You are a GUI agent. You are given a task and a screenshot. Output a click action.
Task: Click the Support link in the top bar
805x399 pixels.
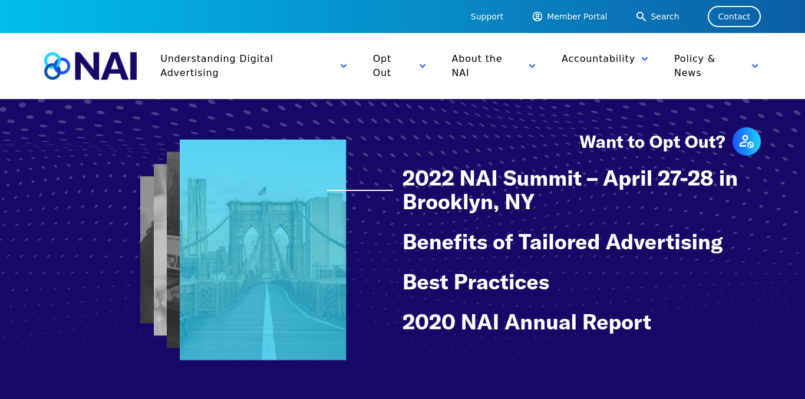coord(487,17)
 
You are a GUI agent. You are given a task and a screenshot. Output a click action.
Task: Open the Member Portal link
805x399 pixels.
coord(576,17)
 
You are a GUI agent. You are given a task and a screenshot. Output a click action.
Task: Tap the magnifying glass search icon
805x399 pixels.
coord(641,17)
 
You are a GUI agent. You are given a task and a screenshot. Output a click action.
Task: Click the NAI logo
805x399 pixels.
coord(90,66)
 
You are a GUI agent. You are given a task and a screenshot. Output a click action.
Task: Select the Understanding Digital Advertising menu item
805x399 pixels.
coord(216,65)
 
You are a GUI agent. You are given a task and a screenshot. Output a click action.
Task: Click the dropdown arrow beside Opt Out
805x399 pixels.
coord(423,66)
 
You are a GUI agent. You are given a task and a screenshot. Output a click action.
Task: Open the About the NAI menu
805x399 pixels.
coord(477,65)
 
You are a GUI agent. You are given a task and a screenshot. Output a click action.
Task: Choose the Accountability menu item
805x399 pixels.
coord(598,58)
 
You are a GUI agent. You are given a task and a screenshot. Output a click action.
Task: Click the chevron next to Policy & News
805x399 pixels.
coord(755,66)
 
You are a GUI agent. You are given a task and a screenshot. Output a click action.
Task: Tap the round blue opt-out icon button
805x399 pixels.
coord(747,141)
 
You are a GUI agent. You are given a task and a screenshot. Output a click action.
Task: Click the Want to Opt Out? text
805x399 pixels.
coord(652,142)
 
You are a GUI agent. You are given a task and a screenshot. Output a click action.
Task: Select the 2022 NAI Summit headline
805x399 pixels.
coord(570,190)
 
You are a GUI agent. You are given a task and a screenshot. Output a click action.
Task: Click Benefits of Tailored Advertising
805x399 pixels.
coord(562,242)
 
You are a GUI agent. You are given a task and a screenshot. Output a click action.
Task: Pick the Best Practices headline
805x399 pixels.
coord(476,282)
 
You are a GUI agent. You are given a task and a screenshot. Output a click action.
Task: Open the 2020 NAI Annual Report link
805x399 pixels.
coord(526,322)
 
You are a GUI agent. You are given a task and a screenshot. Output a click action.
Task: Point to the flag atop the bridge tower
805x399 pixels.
coord(263,191)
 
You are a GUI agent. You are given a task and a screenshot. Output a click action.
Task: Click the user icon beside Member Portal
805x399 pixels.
coord(537,17)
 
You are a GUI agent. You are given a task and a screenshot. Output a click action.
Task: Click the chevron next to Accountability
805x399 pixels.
coord(645,59)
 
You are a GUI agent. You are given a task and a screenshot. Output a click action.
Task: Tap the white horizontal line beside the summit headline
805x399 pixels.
coord(360,190)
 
